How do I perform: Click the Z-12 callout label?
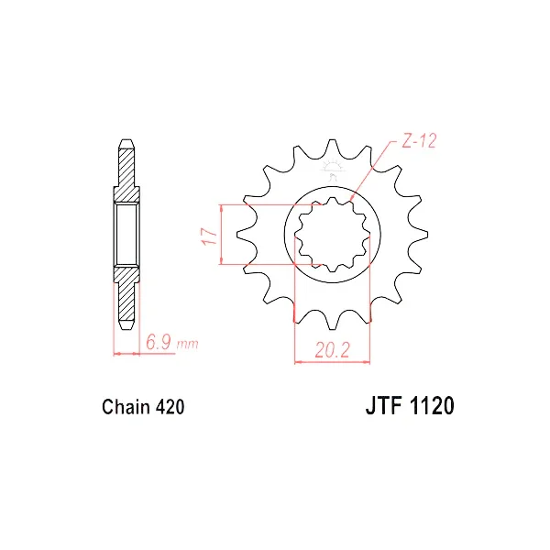pyautogui.click(x=419, y=141)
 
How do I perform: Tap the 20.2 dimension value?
pyautogui.click(x=332, y=350)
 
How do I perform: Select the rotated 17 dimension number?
pyautogui.click(x=209, y=236)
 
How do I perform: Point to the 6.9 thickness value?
pyautogui.click(x=159, y=342)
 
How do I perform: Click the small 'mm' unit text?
pyautogui.click(x=188, y=345)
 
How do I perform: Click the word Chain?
pyautogui.click(x=126, y=407)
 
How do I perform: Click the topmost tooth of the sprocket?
pyautogui.click(x=332, y=148)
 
